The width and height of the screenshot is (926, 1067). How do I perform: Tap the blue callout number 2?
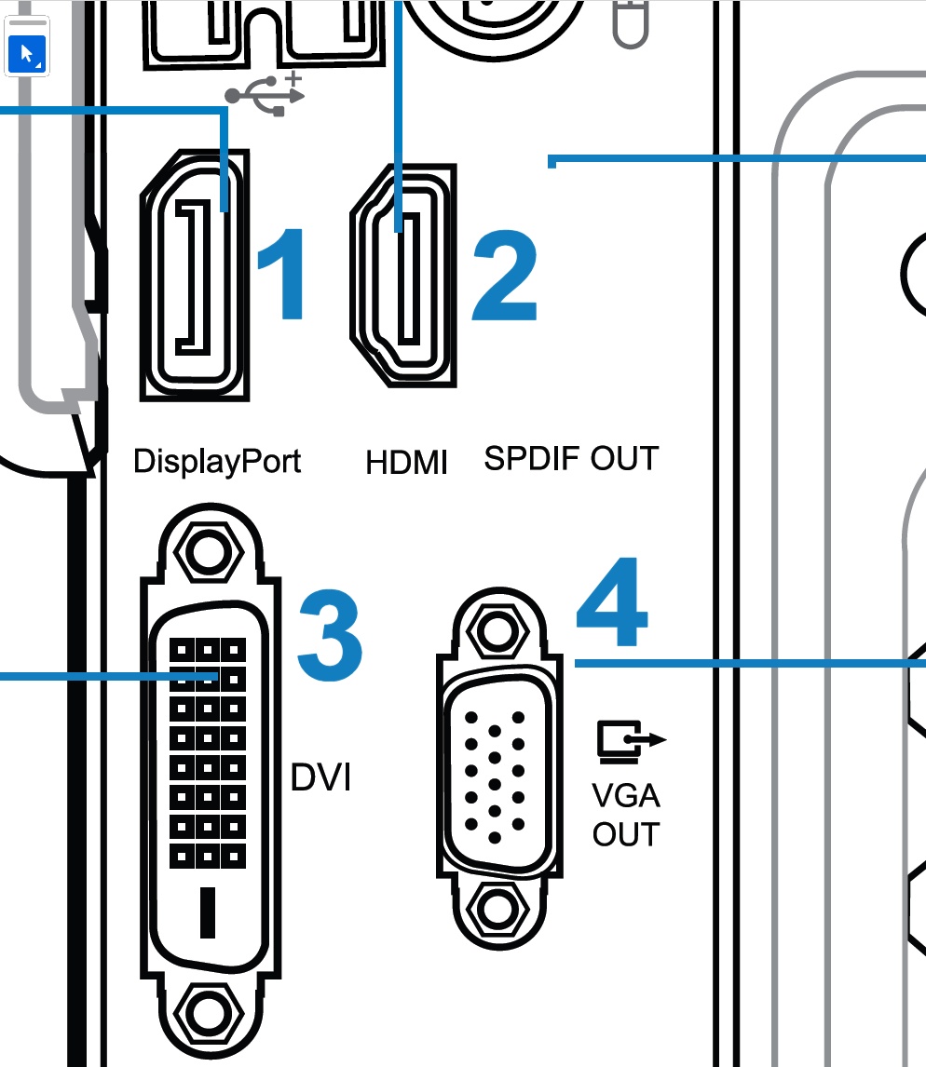click(505, 275)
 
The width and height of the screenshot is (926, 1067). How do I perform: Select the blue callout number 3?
click(330, 635)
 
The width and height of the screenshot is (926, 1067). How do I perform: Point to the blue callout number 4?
click(611, 601)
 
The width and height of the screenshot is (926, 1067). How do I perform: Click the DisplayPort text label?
click(217, 462)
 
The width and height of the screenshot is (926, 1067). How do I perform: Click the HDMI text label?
click(406, 463)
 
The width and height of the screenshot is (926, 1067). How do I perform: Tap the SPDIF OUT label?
click(571, 459)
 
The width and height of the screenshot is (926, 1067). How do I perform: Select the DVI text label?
click(320, 777)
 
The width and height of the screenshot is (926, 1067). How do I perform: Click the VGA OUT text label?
click(626, 816)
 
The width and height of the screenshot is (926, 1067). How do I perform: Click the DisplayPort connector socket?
click(195, 275)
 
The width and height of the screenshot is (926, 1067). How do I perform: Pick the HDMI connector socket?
click(403, 276)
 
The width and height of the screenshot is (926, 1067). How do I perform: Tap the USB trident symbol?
click(266, 94)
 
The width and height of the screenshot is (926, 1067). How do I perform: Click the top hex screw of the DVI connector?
click(209, 551)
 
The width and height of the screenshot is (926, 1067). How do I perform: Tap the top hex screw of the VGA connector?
click(498, 631)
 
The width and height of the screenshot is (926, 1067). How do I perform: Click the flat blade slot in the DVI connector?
click(208, 912)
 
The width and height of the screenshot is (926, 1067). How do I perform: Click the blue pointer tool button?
click(27, 54)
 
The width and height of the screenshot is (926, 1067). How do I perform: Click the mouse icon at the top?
click(631, 24)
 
